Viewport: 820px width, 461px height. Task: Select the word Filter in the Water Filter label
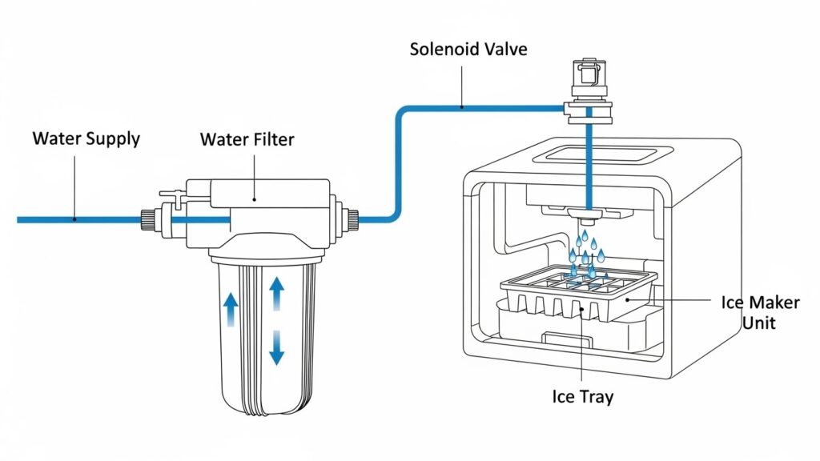(268, 140)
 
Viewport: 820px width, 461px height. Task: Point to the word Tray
(596, 396)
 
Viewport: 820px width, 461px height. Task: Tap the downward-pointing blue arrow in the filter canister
(276, 346)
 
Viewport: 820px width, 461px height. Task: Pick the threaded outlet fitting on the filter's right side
(351, 218)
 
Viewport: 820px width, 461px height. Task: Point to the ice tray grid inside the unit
(578, 282)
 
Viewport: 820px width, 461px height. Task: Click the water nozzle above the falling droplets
(588, 218)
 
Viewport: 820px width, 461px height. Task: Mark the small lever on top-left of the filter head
(171, 192)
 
